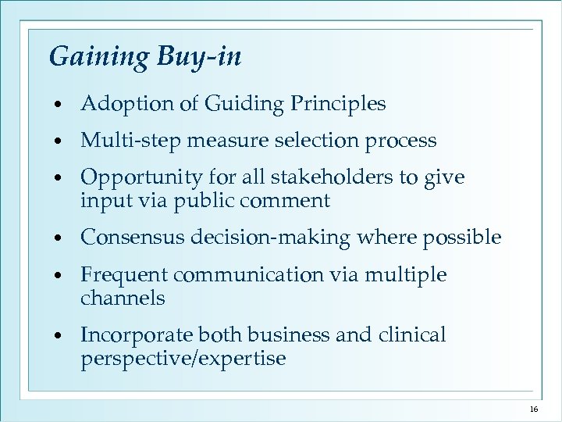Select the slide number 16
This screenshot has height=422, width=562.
point(534,409)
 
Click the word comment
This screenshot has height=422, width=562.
point(291,201)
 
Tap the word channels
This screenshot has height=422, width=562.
point(123,298)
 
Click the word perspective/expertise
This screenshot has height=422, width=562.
point(183,359)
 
